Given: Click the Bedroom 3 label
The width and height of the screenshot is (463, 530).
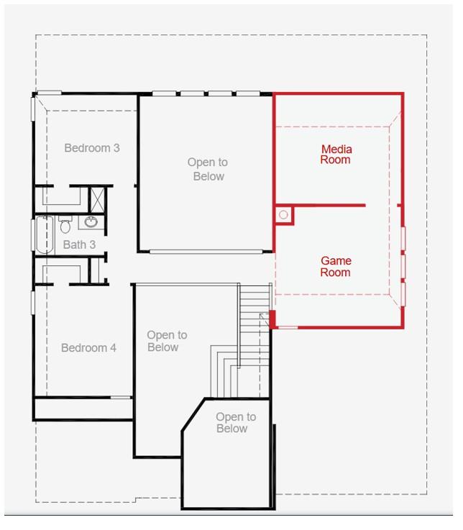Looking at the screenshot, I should tap(92, 148).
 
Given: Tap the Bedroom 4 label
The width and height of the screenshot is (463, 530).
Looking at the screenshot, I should tap(88, 348).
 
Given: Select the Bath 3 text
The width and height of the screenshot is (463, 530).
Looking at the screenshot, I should tap(79, 245).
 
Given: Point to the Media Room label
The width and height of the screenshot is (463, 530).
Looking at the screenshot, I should tap(336, 154).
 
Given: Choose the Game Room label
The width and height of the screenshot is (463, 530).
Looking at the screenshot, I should tap(335, 267).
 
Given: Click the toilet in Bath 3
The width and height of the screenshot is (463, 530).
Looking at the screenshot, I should tap(65, 227).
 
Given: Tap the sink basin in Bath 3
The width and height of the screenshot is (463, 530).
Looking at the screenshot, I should tap(92, 221).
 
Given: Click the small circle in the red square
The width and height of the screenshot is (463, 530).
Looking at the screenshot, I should tap(283, 214).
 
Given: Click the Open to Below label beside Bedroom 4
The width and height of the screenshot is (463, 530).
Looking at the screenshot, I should tap(166, 341).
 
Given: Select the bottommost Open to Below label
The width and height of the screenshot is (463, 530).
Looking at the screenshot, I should tap(235, 423).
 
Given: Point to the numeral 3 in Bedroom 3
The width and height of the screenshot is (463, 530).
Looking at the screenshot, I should tap(116, 148).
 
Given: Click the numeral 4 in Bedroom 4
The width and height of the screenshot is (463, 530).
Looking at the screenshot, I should tap(113, 348).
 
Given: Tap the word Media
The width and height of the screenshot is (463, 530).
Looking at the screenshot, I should tap(336, 149).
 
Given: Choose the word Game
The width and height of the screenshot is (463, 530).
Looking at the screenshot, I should tap(336, 261).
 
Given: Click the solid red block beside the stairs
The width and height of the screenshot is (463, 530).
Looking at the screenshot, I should tap(272, 319).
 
